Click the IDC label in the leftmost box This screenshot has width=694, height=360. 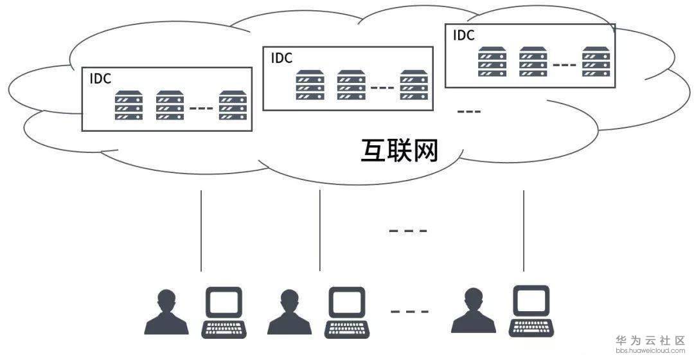pos(100,78)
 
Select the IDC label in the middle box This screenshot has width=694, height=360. pos(281,58)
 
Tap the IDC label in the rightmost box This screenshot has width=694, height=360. pos(464,35)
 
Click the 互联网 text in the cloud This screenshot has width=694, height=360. pos(399,151)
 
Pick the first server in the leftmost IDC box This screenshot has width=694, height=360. pos(129,106)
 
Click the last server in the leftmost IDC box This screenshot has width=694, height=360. pos(233,106)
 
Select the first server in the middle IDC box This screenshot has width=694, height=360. pos(310,85)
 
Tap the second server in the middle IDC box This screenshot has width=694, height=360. pos(351,85)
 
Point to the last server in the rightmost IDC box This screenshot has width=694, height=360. pos(596,62)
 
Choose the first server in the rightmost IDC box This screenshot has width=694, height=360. pos(492,62)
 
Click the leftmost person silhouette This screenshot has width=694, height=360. pos(166,312)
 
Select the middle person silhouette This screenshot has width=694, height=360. pos(289,312)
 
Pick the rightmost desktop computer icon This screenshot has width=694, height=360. pos(531,302)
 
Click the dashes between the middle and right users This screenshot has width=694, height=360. pos(409,312)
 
